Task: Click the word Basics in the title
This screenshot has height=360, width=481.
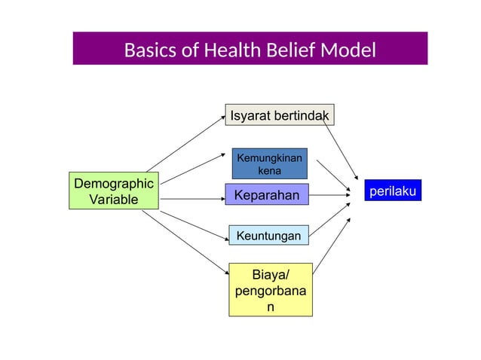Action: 149,50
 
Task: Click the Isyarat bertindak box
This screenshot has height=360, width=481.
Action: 280,114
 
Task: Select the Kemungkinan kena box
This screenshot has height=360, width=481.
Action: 269,163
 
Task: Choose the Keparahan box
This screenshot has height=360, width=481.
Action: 267,196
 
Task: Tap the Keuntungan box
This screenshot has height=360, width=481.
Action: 268,236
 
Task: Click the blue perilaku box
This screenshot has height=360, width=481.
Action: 391,192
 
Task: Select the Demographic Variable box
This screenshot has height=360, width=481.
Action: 114,191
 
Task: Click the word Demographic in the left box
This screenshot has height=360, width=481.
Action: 114,184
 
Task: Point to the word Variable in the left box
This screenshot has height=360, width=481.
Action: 114,200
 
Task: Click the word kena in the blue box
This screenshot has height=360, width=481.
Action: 269,170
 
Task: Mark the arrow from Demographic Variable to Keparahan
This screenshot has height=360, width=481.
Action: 192,199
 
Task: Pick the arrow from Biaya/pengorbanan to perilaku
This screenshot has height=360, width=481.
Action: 332,244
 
